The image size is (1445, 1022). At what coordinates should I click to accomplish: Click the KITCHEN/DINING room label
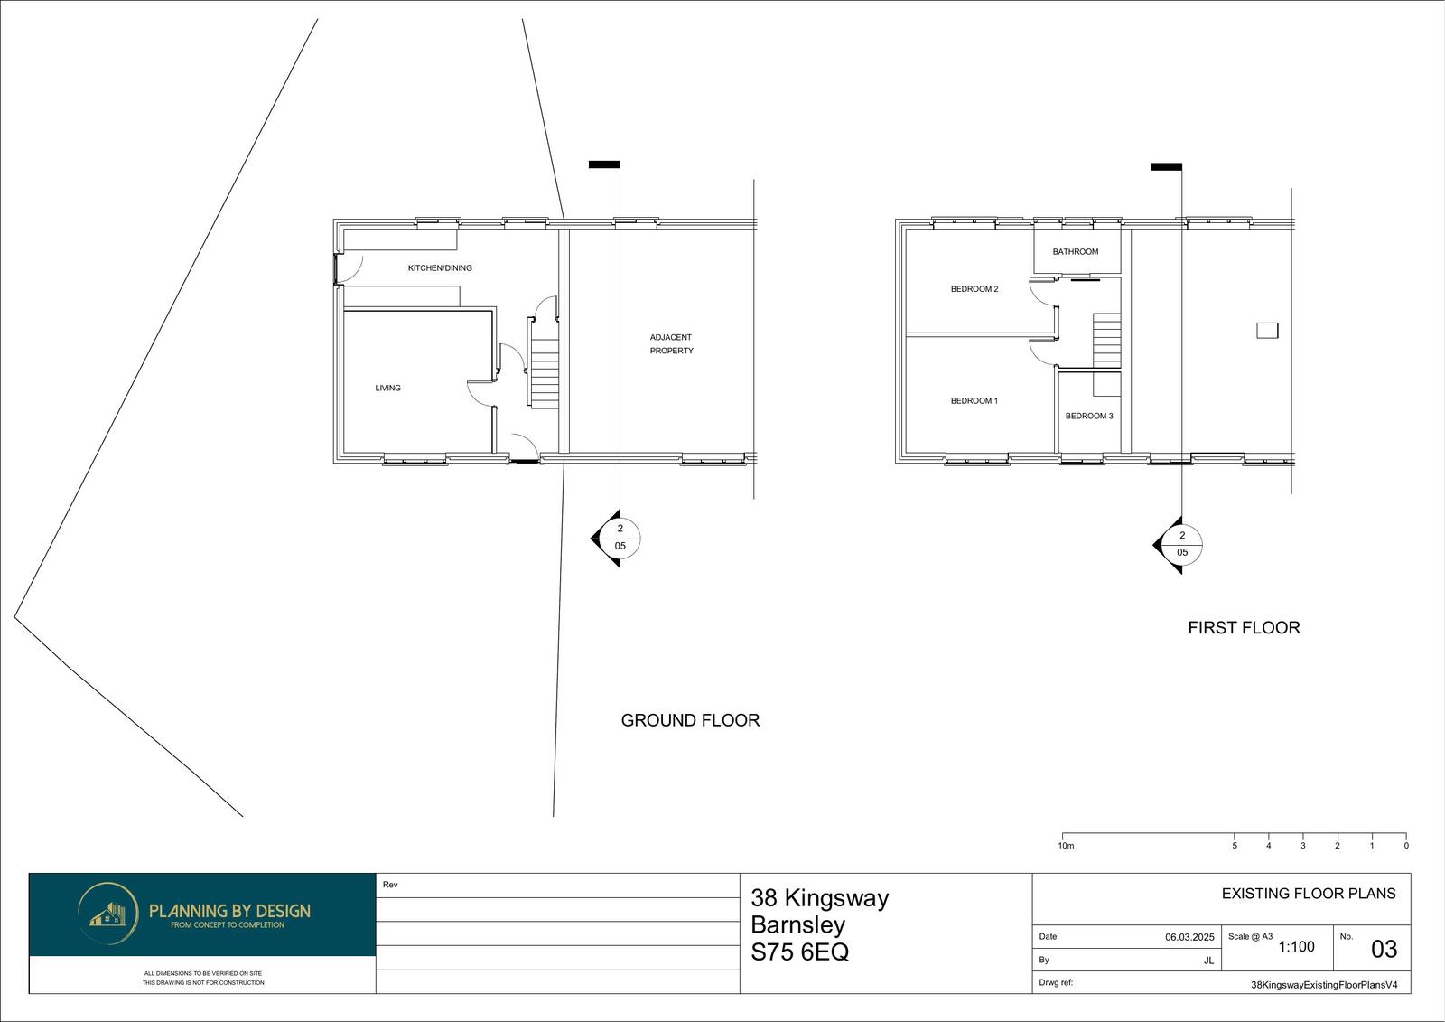(x=440, y=268)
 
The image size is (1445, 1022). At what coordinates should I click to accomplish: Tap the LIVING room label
(x=387, y=388)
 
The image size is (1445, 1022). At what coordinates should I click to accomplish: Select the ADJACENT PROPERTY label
(x=671, y=343)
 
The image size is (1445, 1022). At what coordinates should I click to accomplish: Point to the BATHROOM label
(x=1076, y=252)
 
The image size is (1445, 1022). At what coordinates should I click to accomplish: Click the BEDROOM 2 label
(x=974, y=289)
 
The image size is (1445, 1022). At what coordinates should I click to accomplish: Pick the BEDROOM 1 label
(x=974, y=401)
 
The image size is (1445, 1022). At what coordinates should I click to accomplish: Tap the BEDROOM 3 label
(x=1089, y=416)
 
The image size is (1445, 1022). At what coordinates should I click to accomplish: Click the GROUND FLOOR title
(x=690, y=720)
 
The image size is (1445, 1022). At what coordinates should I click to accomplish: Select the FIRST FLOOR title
(x=1244, y=627)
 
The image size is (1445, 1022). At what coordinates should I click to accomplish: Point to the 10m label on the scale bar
(x=1067, y=846)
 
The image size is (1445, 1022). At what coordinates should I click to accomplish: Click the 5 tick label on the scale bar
(x=1235, y=846)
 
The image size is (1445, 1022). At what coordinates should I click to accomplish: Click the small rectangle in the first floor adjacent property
(x=1267, y=331)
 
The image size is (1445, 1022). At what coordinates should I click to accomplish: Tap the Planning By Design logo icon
(x=107, y=914)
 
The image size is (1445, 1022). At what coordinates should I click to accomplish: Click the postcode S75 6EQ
(x=800, y=952)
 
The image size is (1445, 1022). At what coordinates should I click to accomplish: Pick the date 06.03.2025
(x=1189, y=937)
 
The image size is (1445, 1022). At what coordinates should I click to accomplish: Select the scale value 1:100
(x=1297, y=947)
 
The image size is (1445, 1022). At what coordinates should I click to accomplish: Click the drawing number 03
(x=1384, y=949)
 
